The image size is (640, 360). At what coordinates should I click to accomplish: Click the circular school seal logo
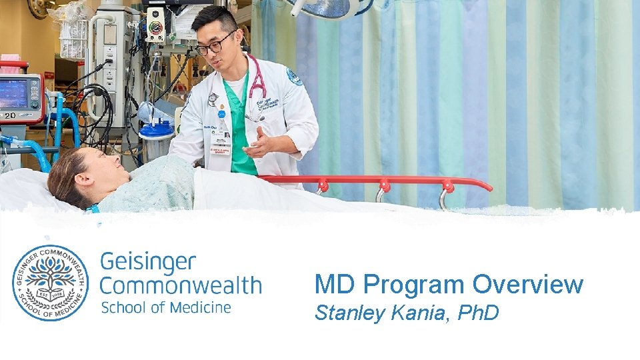tap(50, 283)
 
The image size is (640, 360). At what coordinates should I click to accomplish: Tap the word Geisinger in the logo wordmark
tap(148, 261)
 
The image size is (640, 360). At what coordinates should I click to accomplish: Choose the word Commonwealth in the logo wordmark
tap(181, 286)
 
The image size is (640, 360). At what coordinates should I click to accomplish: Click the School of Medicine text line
tap(165, 307)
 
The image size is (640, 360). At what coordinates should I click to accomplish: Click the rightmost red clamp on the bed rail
tap(446, 186)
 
